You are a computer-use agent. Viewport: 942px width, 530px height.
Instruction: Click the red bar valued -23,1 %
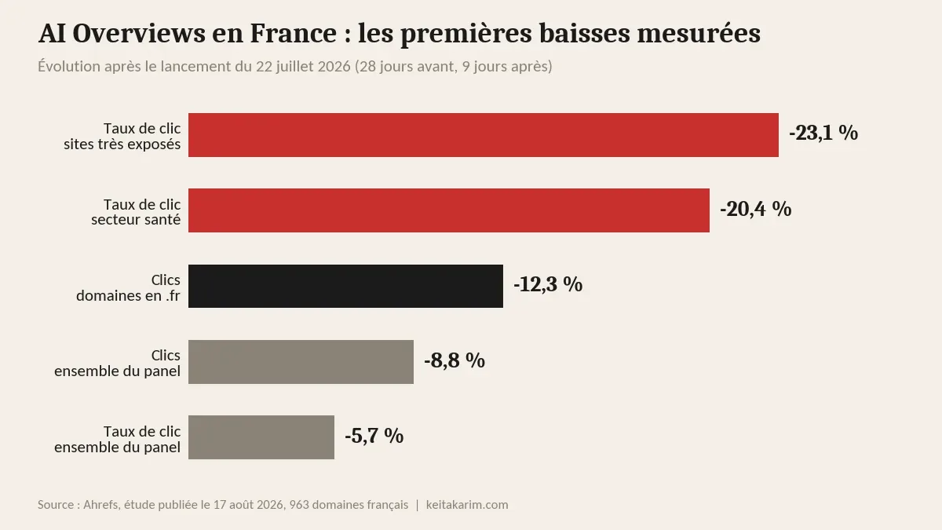click(484, 135)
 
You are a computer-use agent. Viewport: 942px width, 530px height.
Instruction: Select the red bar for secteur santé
click(449, 210)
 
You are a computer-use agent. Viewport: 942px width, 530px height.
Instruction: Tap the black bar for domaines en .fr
click(345, 286)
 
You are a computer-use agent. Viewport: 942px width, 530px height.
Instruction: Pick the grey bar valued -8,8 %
click(301, 362)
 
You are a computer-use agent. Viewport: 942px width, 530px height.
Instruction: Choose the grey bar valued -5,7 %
click(261, 437)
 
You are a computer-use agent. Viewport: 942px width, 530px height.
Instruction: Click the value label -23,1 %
click(823, 133)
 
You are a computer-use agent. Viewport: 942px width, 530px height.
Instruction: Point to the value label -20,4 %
click(756, 209)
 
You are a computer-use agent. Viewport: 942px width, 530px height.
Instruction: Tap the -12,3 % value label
click(548, 284)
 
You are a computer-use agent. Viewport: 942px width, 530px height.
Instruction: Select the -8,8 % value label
click(455, 360)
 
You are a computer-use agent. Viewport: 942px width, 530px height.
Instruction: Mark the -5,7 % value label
click(374, 436)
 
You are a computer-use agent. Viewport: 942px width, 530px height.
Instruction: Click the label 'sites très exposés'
click(122, 144)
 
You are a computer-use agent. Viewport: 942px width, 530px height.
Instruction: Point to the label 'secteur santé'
click(136, 220)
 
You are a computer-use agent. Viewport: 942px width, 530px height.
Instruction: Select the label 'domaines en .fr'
click(128, 295)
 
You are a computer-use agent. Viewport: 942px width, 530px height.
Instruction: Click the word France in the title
click(293, 33)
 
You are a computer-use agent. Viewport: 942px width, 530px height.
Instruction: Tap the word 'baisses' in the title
click(585, 33)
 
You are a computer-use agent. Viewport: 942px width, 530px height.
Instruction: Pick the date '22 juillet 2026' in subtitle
click(303, 67)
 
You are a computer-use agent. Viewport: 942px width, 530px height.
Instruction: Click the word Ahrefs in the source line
click(100, 504)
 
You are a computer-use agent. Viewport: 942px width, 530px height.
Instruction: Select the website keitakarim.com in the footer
click(467, 504)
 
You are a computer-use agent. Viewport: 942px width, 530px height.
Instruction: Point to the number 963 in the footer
click(299, 504)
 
